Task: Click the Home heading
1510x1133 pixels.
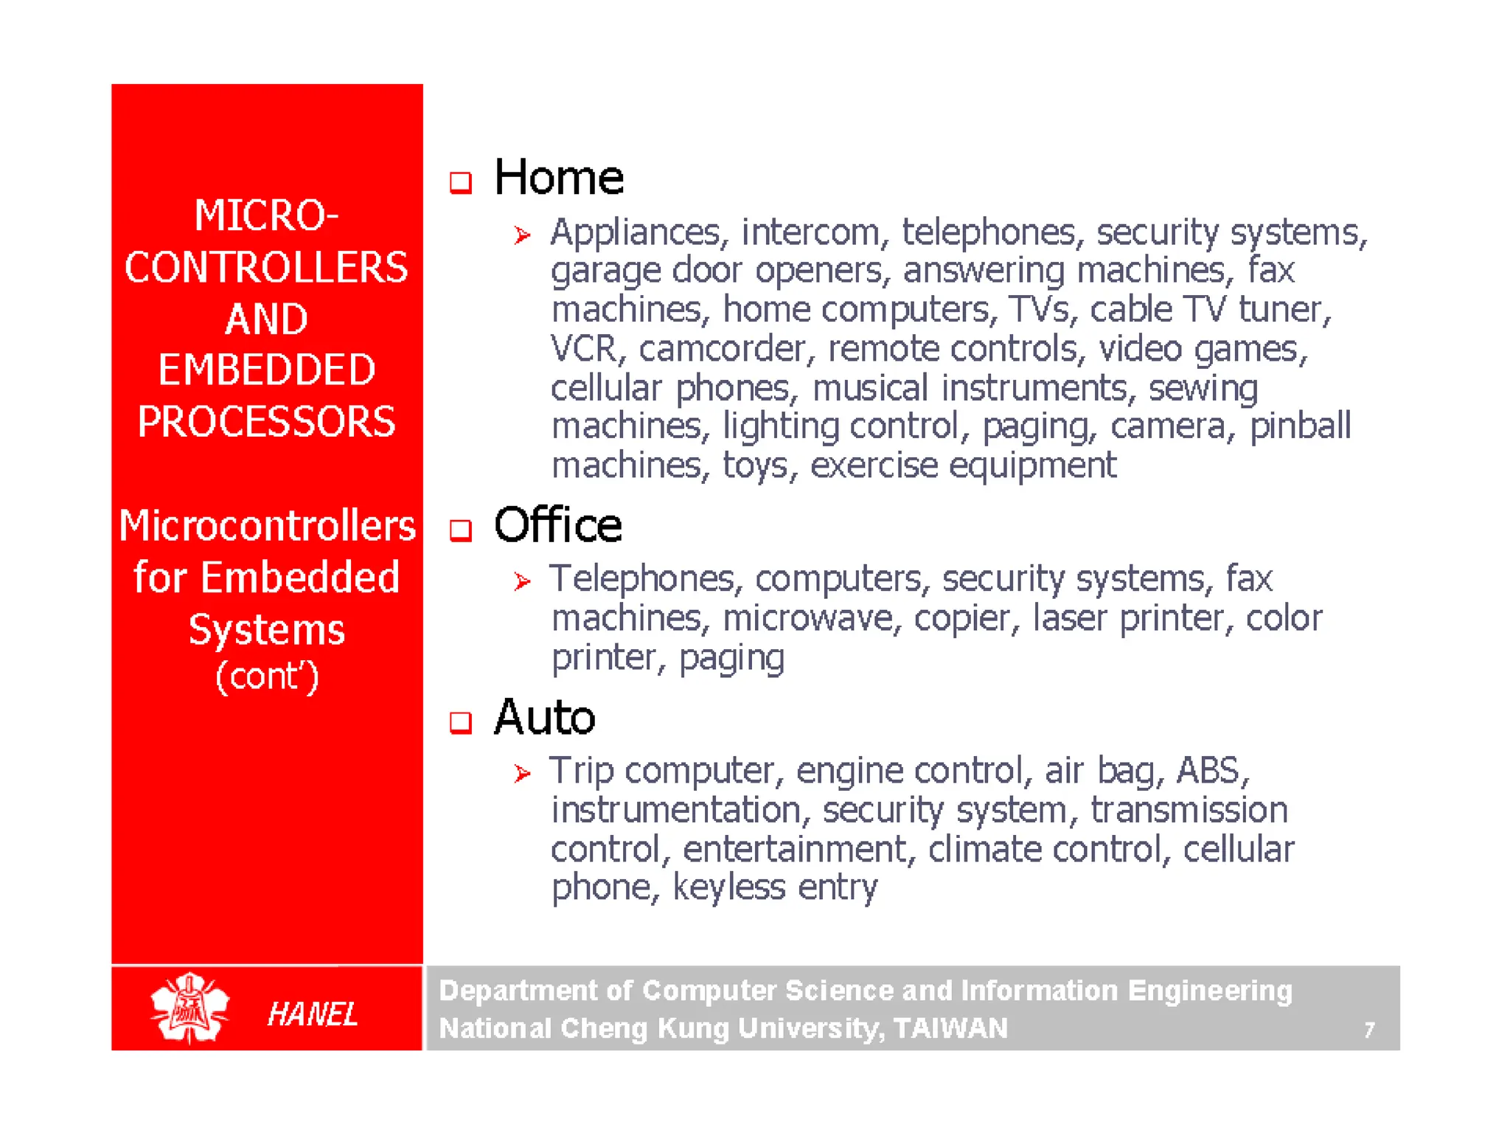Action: tap(558, 178)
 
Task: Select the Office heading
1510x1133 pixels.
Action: tap(557, 525)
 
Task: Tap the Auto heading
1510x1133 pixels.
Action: tap(544, 718)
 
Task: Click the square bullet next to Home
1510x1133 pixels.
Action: tap(461, 182)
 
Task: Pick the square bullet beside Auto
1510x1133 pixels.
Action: tap(461, 723)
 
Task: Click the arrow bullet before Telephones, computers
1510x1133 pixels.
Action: tap(522, 582)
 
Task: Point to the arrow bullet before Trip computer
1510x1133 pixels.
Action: tap(522, 774)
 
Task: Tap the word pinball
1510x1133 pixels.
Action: tap(1300, 426)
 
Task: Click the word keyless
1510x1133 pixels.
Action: tap(728, 887)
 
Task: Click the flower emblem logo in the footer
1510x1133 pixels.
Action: tap(189, 1008)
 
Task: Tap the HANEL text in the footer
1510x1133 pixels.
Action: tap(313, 1014)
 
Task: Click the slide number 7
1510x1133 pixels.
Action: tap(1369, 1030)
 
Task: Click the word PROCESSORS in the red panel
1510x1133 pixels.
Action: tap(266, 422)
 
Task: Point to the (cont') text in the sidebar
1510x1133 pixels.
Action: tap(267, 676)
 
